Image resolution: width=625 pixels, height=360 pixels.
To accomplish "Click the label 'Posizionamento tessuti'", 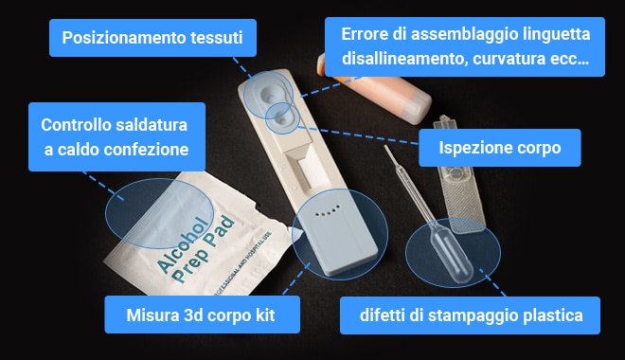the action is coord(152,38).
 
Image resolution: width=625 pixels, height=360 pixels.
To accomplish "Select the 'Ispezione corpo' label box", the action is coord(499,148).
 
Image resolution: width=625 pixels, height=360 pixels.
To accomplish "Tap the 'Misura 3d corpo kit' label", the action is coord(202,315).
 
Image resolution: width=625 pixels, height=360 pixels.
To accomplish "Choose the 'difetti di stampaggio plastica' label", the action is coord(470,315).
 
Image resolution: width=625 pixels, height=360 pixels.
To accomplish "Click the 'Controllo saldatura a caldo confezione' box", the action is coord(116,137).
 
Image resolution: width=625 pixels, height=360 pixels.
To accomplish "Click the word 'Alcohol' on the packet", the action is coord(182,245).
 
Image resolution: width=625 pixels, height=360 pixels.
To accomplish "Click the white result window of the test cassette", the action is coord(312,172).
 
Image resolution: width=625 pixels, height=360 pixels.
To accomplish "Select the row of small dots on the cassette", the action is coord(327,211).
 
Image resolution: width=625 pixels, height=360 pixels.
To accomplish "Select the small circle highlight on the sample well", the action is coord(282,118).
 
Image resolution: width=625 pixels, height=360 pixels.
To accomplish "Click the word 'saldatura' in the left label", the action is coord(151,125).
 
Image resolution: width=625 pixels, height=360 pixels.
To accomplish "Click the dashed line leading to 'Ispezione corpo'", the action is coord(358,135).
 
